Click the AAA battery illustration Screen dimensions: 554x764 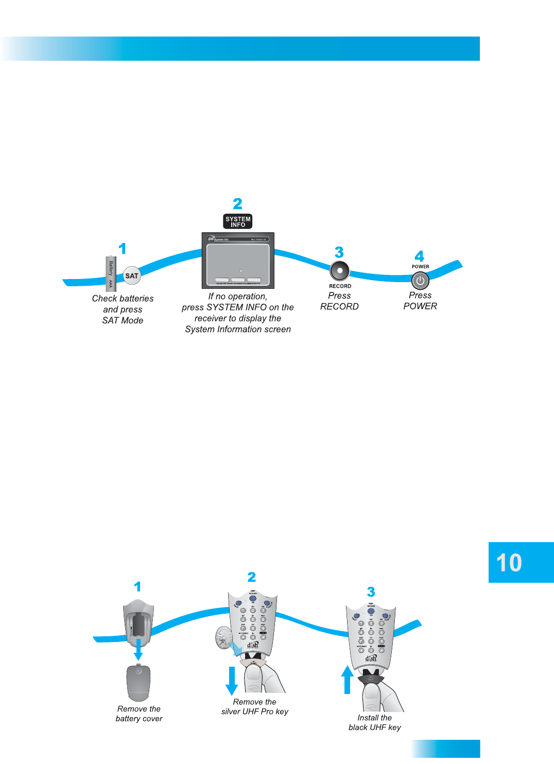click(x=111, y=273)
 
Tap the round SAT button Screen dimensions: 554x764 click(x=132, y=276)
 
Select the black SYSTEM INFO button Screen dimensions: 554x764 click(x=238, y=221)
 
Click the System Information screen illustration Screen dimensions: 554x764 click(x=238, y=261)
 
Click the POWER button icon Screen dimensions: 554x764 click(x=420, y=281)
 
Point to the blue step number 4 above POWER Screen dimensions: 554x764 click(x=420, y=256)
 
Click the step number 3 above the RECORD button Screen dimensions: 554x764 click(x=339, y=252)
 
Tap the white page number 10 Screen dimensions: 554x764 click(x=509, y=563)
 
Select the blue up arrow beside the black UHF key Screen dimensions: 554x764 click(x=348, y=680)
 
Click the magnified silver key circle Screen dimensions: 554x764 click(x=224, y=637)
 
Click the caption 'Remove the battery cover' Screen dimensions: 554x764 click(x=139, y=714)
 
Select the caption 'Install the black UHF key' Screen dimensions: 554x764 click(x=374, y=722)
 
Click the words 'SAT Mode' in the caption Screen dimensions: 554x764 click(x=123, y=320)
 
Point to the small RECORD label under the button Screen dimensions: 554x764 click(x=340, y=286)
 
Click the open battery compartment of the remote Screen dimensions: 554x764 click(x=138, y=623)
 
